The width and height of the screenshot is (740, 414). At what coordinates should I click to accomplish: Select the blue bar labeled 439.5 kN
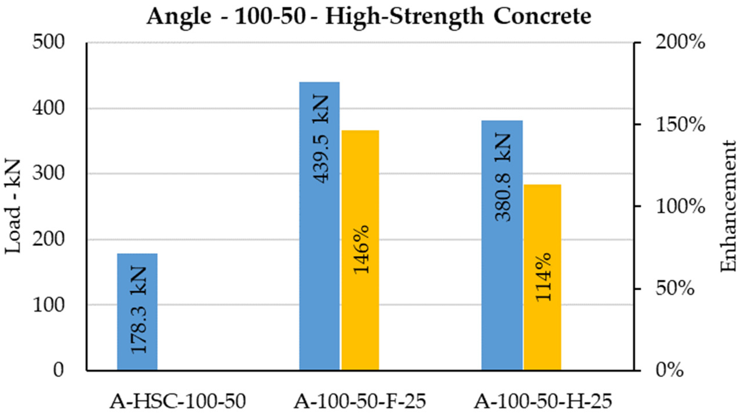tap(319, 226)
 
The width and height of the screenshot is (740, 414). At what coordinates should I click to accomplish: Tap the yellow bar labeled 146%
tap(360, 250)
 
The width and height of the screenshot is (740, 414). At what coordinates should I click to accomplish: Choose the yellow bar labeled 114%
tap(542, 277)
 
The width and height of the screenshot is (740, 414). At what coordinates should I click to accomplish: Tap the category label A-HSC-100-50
tap(177, 402)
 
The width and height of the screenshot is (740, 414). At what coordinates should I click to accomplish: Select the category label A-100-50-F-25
tap(360, 402)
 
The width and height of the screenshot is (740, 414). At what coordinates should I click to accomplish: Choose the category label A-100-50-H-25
tap(543, 402)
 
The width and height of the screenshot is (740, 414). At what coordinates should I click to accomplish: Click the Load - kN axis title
tap(13, 207)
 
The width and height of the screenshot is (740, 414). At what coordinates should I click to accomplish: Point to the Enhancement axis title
tap(728, 207)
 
